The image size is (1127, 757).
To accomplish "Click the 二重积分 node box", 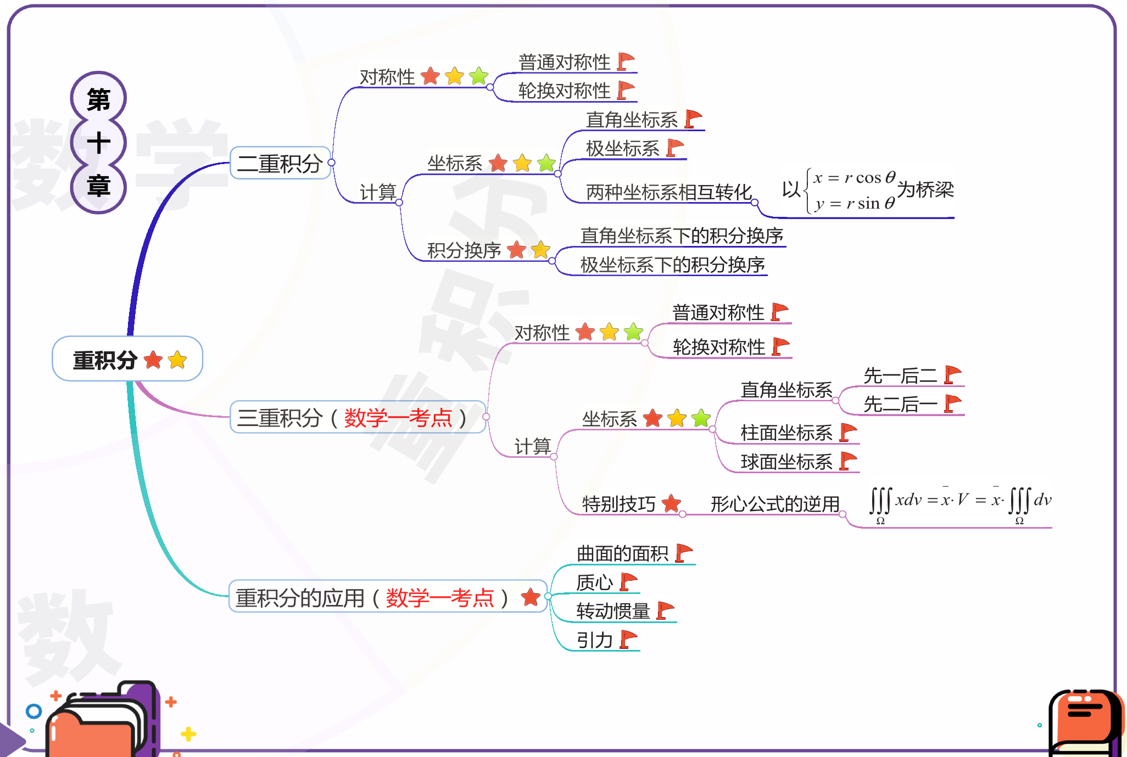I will click(280, 163).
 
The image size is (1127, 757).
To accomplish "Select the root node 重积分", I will click(127, 360).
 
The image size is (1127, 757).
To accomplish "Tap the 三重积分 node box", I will click(357, 418).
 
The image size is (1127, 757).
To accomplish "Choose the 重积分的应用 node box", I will click(387, 597).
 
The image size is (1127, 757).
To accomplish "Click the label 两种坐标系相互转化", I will click(668, 192).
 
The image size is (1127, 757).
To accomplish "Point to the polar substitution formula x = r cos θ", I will click(854, 178).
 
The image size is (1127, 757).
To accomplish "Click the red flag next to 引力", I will click(628, 640).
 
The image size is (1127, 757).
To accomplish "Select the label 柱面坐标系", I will click(786, 433).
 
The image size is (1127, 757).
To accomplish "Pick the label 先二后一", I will click(900, 405).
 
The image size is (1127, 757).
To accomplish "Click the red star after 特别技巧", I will click(671, 503).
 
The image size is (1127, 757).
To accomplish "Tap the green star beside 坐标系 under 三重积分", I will click(701, 418).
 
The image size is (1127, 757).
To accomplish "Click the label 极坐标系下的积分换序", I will click(672, 265).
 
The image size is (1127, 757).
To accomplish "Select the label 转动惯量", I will click(613, 611).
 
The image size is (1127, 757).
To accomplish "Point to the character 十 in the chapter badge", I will click(98, 143).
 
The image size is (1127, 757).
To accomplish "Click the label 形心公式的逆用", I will click(775, 503).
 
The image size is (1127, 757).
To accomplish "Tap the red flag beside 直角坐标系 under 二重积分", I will click(693, 119).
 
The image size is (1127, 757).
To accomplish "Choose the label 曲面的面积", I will click(622, 553).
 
